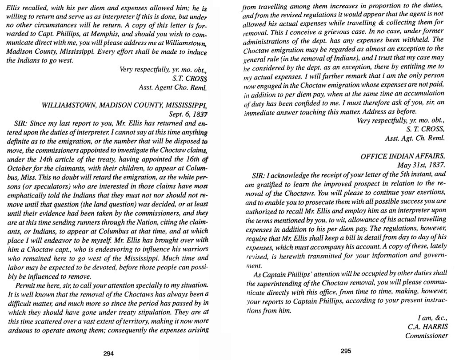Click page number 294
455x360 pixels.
(x=109, y=354)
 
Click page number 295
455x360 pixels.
(x=346, y=351)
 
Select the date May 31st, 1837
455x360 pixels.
(x=425, y=165)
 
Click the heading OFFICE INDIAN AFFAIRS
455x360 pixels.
(x=402, y=156)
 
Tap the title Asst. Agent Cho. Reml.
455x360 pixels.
(x=174, y=87)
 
